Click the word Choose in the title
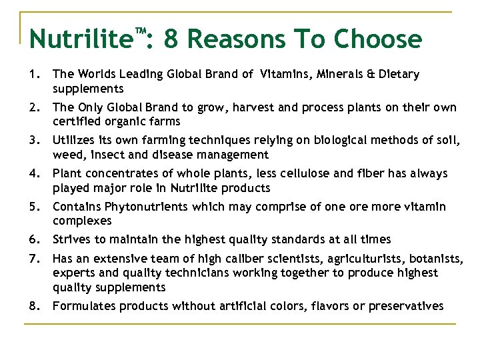(377, 39)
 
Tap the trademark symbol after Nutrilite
(141, 31)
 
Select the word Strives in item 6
(71, 239)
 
